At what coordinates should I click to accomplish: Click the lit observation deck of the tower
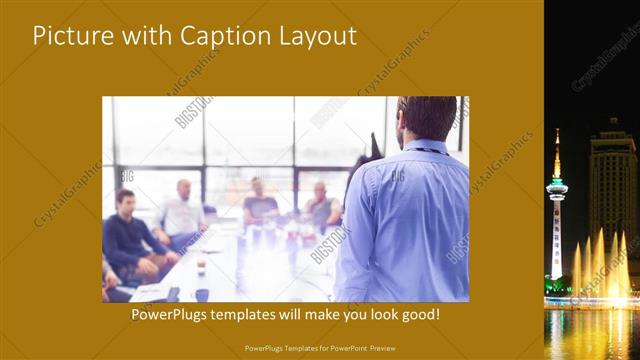(557, 186)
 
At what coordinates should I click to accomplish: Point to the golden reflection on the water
(590, 330)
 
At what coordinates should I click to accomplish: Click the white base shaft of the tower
(557, 240)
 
